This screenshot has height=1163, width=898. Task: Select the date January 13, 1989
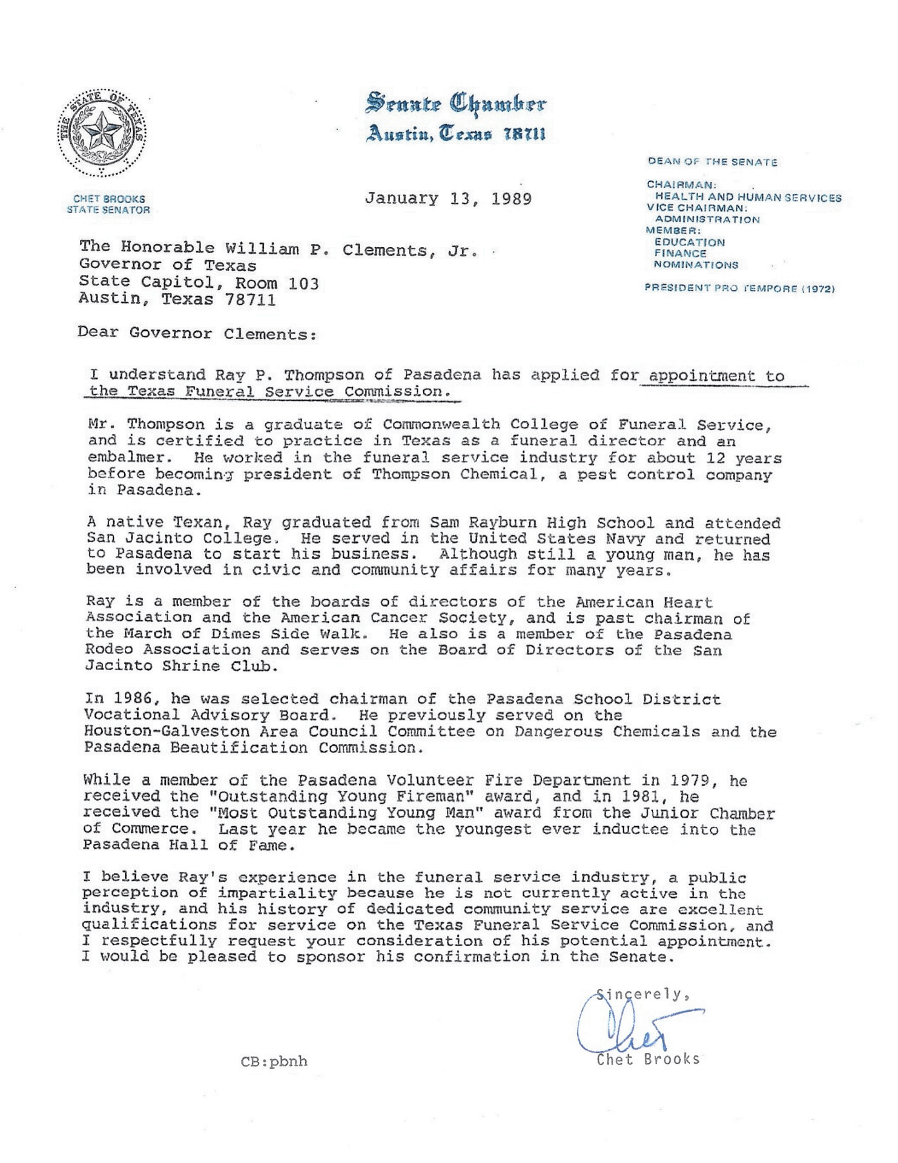[448, 199]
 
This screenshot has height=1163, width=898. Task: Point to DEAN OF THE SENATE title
[712, 162]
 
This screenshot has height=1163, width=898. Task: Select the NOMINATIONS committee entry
[696, 265]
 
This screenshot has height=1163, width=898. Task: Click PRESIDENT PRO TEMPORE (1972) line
[739, 289]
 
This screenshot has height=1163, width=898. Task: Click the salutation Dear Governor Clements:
[197, 334]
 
